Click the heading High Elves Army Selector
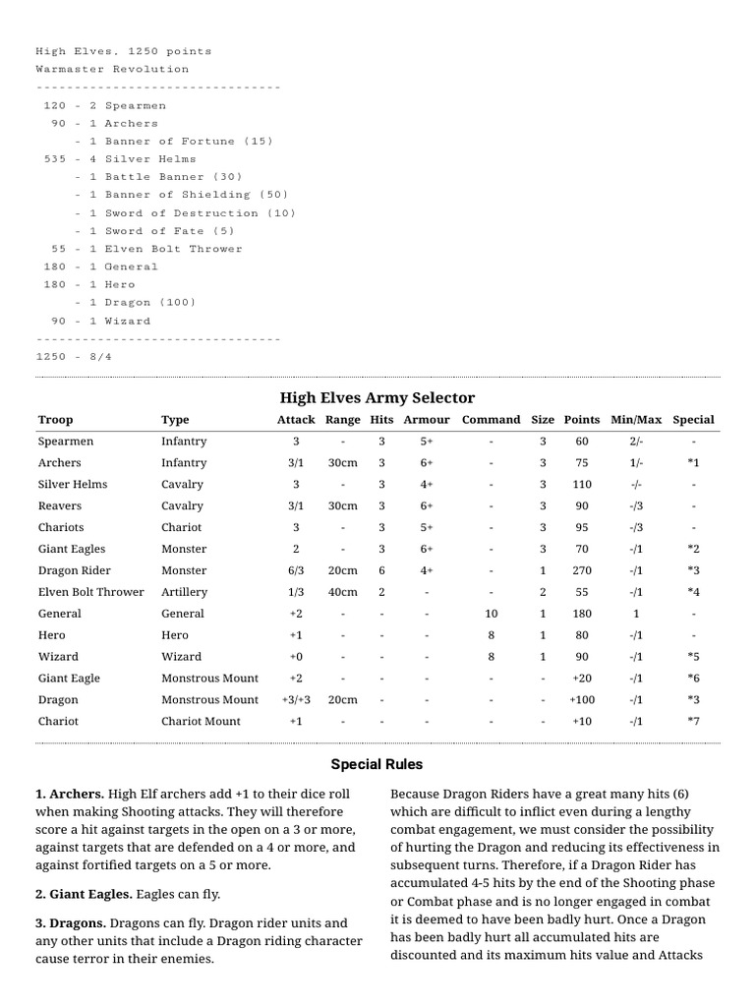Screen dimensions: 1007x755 coord(377,397)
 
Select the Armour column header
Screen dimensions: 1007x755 coord(427,420)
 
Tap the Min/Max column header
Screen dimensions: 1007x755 coord(636,420)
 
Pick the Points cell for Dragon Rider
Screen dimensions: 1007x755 coord(582,570)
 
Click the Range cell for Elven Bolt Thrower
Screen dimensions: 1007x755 coord(342,592)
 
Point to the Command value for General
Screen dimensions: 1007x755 coord(491,614)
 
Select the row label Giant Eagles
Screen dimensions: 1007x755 coord(72,549)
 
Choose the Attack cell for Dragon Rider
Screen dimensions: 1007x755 coord(296,570)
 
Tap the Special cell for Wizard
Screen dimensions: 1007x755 coord(693,657)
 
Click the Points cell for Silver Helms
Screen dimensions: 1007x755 coord(582,484)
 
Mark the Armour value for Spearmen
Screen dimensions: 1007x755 coord(427,442)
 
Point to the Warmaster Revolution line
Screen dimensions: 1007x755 coord(112,69)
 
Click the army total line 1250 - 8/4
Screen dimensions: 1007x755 coord(74,356)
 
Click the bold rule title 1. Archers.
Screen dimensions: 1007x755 coord(70,793)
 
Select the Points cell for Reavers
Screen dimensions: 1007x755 coord(582,505)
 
